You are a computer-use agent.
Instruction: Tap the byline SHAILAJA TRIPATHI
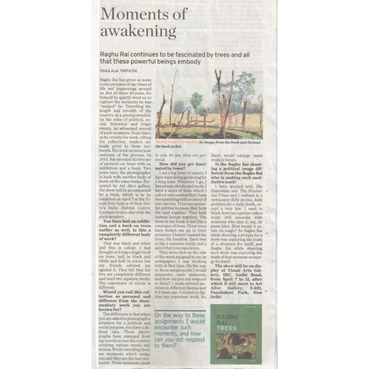[x=119, y=71]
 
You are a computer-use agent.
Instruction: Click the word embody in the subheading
[x=188, y=62]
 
